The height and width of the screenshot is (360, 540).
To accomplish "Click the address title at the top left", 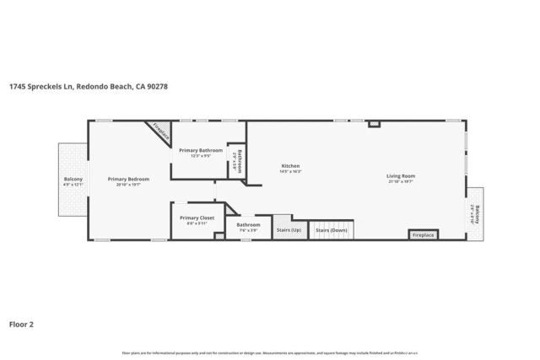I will pyautogui.click(x=83, y=86).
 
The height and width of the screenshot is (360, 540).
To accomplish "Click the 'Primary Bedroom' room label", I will pyautogui.click(x=128, y=179).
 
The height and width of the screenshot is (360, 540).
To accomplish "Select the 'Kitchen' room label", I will pyautogui.click(x=290, y=166).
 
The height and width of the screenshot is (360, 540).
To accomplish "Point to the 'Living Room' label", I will pyautogui.click(x=402, y=176).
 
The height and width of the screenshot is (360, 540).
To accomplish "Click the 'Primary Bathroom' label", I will pyautogui.click(x=201, y=150).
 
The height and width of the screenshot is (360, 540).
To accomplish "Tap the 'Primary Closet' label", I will pyautogui.click(x=197, y=218).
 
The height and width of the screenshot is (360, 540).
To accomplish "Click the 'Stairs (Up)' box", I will pyautogui.click(x=289, y=229).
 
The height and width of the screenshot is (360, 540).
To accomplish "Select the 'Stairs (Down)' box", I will pyautogui.click(x=332, y=229).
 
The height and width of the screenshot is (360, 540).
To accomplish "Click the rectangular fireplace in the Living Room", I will pyautogui.click(x=423, y=234).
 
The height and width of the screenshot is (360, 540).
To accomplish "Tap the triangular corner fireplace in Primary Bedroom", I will pyautogui.click(x=160, y=132).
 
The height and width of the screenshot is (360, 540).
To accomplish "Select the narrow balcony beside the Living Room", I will pyautogui.click(x=476, y=214).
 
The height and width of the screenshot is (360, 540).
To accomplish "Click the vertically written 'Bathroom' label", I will pyautogui.click(x=239, y=160).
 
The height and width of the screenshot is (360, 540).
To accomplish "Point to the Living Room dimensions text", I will pyautogui.click(x=402, y=181).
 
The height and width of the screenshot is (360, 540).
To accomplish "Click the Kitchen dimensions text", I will pyautogui.click(x=290, y=171).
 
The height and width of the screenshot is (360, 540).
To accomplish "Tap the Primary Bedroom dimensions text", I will pyautogui.click(x=128, y=184).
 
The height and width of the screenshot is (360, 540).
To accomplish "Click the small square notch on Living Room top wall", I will pyautogui.click(x=375, y=124).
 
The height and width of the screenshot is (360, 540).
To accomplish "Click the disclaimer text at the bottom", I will pyautogui.click(x=270, y=353).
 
